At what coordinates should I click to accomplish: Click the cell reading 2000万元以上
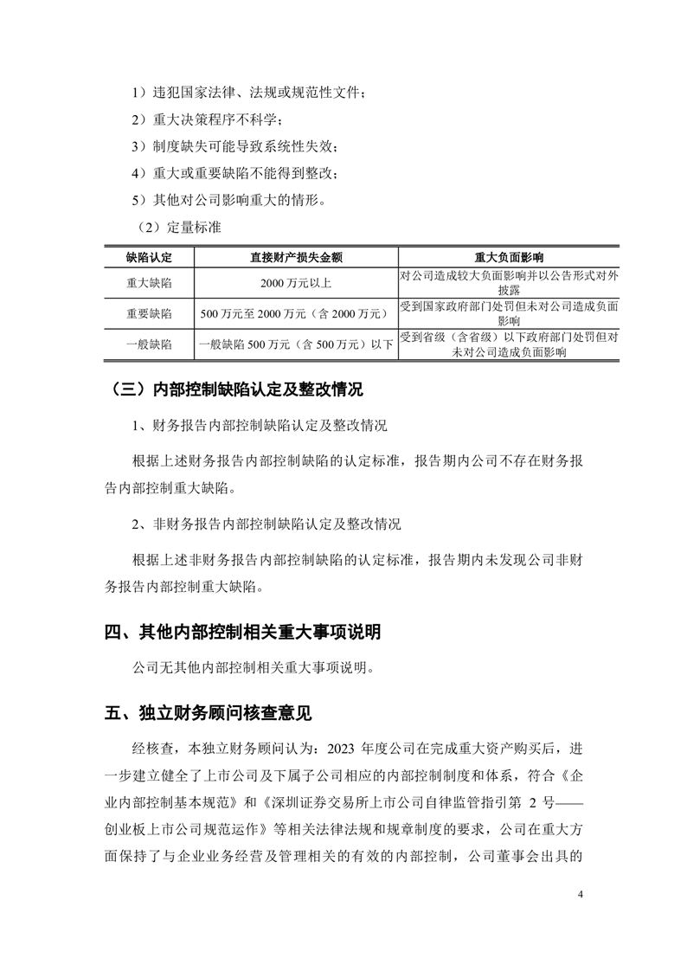click(x=296, y=282)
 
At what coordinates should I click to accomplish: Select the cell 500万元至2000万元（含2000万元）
click(x=296, y=313)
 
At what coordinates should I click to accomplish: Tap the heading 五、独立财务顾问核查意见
click(x=208, y=714)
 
